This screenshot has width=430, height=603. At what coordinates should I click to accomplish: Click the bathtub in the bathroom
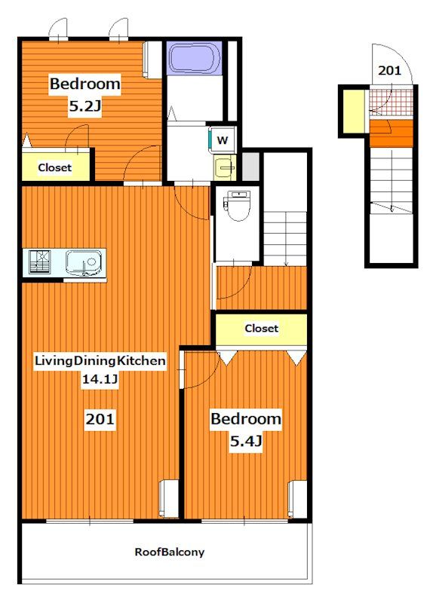click(x=195, y=58)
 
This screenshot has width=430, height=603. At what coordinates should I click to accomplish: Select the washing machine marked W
click(x=222, y=140)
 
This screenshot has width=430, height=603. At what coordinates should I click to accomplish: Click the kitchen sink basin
click(x=84, y=263)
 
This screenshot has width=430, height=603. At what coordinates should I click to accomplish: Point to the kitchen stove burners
click(x=40, y=262)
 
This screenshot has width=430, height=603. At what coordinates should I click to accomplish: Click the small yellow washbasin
click(x=226, y=167)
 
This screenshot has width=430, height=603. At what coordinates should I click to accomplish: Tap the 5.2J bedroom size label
click(x=84, y=106)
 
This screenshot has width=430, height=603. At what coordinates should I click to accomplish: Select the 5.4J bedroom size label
click(x=246, y=441)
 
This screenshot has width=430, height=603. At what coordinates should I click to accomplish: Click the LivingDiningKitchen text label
click(x=100, y=361)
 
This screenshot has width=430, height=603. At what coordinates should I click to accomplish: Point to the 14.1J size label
click(x=100, y=380)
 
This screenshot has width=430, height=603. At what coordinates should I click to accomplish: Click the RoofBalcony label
click(x=170, y=552)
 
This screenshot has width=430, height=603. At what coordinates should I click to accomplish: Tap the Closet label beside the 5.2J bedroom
click(x=54, y=167)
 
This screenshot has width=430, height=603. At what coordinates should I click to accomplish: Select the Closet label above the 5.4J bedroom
click(x=261, y=329)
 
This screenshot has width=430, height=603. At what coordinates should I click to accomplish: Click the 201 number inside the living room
click(x=100, y=419)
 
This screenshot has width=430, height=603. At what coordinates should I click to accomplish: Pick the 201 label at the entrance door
click(x=389, y=70)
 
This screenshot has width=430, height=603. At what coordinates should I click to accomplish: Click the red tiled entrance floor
click(x=392, y=102)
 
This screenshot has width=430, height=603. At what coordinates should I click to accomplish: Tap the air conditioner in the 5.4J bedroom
click(x=297, y=499)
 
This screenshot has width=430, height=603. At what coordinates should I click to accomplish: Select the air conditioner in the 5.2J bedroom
click(x=152, y=60)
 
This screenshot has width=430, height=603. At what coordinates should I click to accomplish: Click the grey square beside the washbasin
click(x=250, y=166)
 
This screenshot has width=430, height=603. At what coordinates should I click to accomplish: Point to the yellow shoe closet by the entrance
click(x=353, y=111)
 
